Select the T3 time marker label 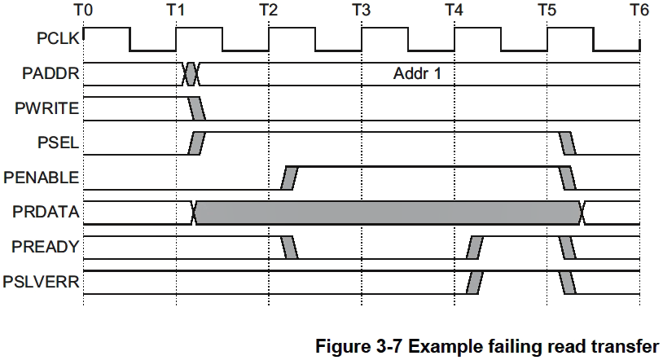(x=362, y=11)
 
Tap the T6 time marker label (x=640, y=11)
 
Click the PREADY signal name (x=49, y=247)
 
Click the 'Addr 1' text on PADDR (x=416, y=74)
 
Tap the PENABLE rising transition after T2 (x=289, y=177)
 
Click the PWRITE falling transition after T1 (x=197, y=108)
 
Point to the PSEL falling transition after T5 (x=567, y=143)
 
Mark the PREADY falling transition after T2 (x=289, y=247)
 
